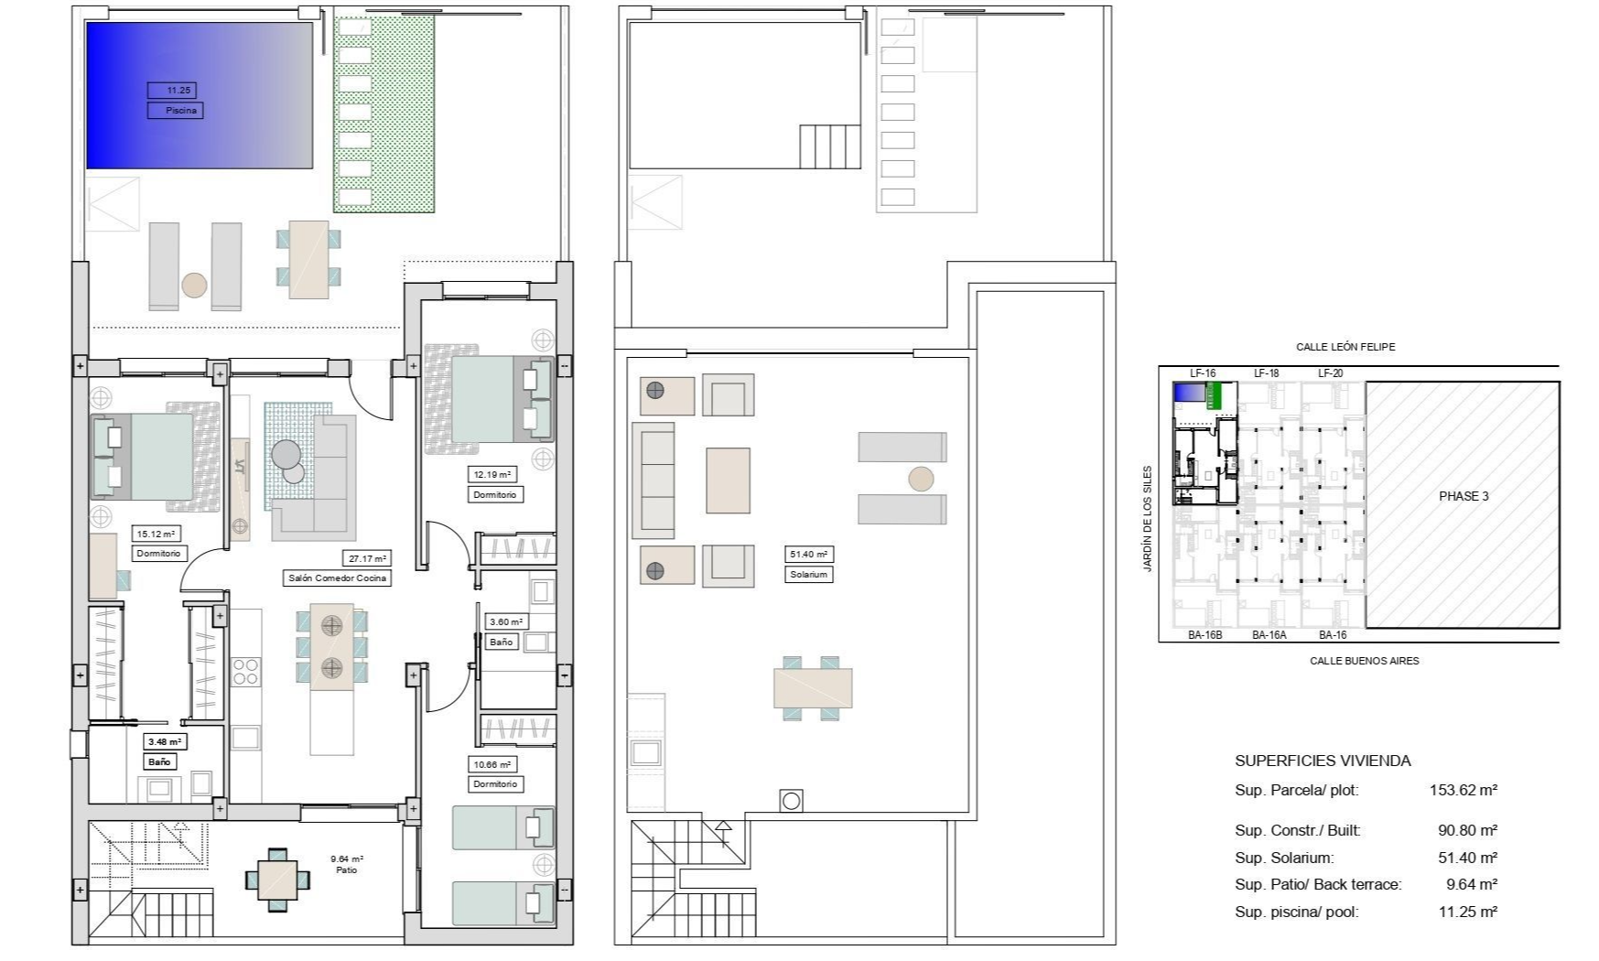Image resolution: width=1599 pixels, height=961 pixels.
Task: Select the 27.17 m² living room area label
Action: click(x=368, y=558)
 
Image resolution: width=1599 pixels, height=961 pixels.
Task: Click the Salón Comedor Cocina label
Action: click(x=338, y=578)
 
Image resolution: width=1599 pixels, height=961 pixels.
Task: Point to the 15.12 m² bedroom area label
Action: click(x=157, y=534)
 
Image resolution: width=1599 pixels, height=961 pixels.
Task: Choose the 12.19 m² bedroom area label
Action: click(x=492, y=474)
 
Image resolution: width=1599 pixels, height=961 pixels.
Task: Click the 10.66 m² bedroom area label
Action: click(x=492, y=764)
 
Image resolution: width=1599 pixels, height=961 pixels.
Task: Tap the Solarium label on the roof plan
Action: click(x=809, y=575)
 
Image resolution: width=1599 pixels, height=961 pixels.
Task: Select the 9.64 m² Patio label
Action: click(x=347, y=864)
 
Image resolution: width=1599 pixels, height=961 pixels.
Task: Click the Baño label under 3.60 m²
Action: click(x=501, y=642)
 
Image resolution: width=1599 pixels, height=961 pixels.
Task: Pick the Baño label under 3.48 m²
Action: click(x=159, y=761)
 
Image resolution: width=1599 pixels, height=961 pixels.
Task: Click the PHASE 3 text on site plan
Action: click(x=1464, y=496)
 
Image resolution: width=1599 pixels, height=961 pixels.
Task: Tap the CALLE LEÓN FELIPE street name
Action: click(x=1345, y=347)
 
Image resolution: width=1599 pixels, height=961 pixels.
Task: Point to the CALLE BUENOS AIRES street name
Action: click(x=1364, y=661)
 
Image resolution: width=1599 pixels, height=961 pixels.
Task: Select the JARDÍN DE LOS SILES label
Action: click(x=1148, y=519)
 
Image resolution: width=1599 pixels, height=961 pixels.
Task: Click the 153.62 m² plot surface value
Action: click(x=1464, y=790)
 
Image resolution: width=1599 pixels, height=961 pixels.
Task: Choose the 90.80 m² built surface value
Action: click(x=1467, y=831)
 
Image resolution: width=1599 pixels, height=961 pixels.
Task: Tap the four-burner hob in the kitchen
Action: click(x=245, y=672)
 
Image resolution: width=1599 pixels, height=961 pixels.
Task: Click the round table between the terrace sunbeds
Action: click(x=194, y=285)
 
